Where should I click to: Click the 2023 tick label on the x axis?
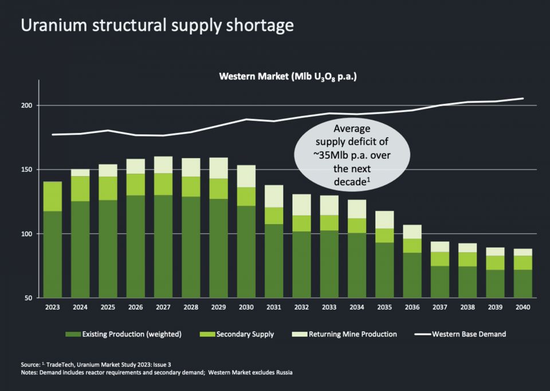(x=53, y=307)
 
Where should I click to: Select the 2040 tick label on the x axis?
(x=522, y=307)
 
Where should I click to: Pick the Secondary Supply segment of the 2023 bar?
(x=53, y=197)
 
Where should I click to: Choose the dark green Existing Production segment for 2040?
(x=522, y=284)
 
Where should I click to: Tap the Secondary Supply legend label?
(x=245, y=334)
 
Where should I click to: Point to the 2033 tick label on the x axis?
(x=328, y=307)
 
